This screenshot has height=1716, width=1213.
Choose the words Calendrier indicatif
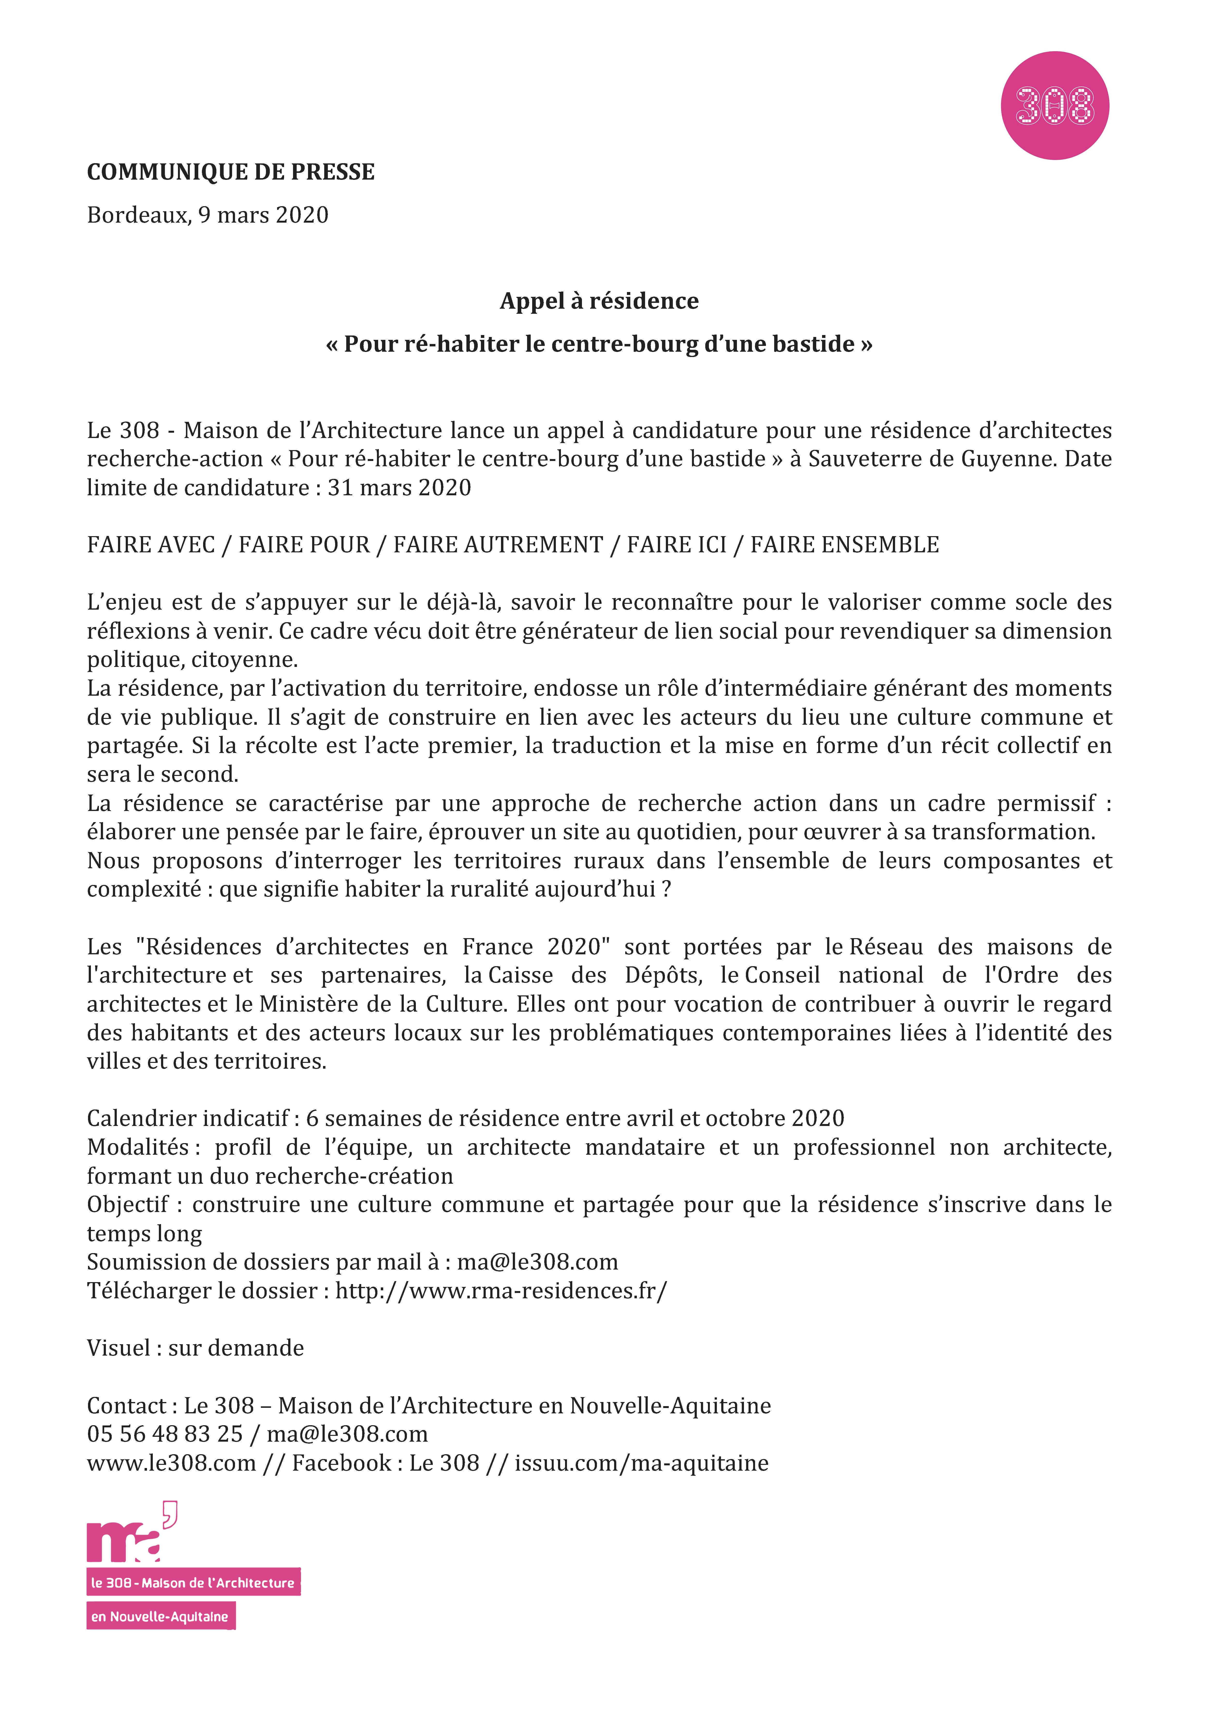(x=188, y=1119)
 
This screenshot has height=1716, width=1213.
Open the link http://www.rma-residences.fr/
(x=501, y=1291)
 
